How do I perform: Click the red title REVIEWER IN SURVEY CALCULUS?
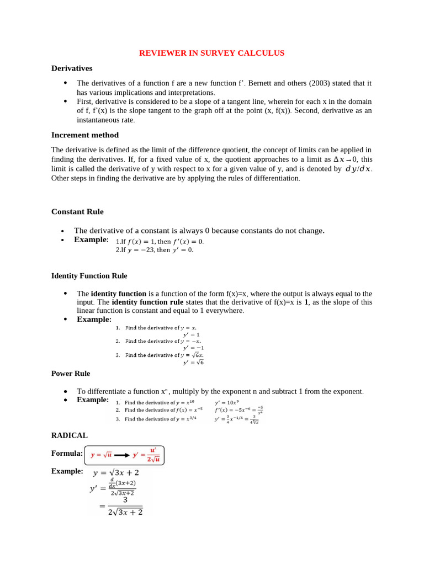pos(211,53)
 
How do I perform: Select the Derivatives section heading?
pos(72,68)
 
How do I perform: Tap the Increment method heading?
pos(85,135)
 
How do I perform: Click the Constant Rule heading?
pos(77,211)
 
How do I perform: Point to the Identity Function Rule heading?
pos(89,275)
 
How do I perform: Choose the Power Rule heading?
pos(71,374)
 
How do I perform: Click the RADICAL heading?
pos(70,435)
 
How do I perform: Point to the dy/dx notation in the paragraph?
pos(358,169)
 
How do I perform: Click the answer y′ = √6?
pos(193,363)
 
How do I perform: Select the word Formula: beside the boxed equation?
pos(67,454)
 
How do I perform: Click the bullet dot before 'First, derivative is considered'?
pos(65,102)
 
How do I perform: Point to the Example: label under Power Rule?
pos(93,399)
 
